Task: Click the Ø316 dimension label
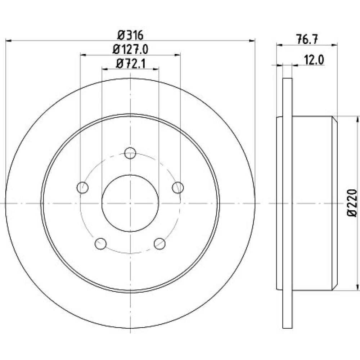[x=130, y=35]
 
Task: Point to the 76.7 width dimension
[x=307, y=39]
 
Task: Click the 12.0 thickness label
[x=314, y=60]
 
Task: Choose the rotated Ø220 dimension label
[x=352, y=203]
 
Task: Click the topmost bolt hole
[x=130, y=153]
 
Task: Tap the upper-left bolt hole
[x=82, y=188]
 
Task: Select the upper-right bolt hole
[x=178, y=188]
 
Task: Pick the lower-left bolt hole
[x=100, y=244]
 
